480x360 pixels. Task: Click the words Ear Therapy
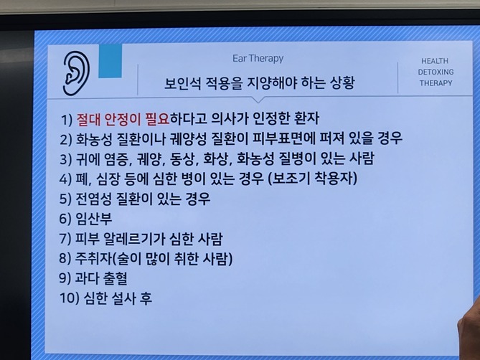258,59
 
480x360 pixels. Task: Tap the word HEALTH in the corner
435,62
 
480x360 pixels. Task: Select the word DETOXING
435,72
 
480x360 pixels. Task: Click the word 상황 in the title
337,83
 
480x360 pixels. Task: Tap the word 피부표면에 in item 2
316,138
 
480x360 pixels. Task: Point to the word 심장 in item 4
118,178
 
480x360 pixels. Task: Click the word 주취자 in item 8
98,258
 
